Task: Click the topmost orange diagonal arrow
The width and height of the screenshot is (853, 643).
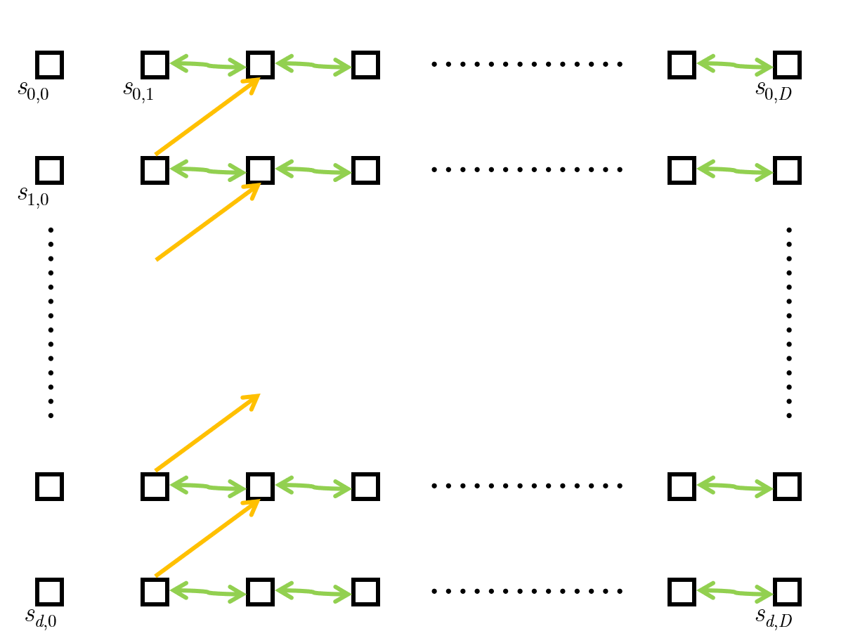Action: coord(207,116)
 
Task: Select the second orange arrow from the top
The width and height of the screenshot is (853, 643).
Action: coord(207,221)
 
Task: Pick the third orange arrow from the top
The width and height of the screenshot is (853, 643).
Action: coord(207,432)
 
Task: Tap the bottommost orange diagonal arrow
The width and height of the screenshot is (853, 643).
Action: coord(207,538)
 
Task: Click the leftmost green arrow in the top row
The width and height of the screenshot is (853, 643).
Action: coord(208,65)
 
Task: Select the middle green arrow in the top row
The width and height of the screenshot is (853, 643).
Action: coord(313,65)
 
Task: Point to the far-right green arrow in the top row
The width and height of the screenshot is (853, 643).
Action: coord(734,65)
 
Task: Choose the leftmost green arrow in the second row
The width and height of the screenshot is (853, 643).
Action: coord(208,171)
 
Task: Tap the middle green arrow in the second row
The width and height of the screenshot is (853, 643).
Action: coord(313,171)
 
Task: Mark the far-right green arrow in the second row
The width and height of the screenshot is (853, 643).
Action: coord(734,171)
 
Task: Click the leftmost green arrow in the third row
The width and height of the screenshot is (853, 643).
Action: coord(208,486)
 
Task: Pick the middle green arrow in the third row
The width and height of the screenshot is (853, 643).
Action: coord(313,486)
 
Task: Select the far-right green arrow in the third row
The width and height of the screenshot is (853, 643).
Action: coord(734,486)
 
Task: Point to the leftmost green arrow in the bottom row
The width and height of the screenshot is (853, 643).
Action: coord(208,592)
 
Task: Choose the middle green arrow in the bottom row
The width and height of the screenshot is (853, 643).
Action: coord(313,592)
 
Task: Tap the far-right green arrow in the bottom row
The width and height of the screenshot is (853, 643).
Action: coord(734,592)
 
